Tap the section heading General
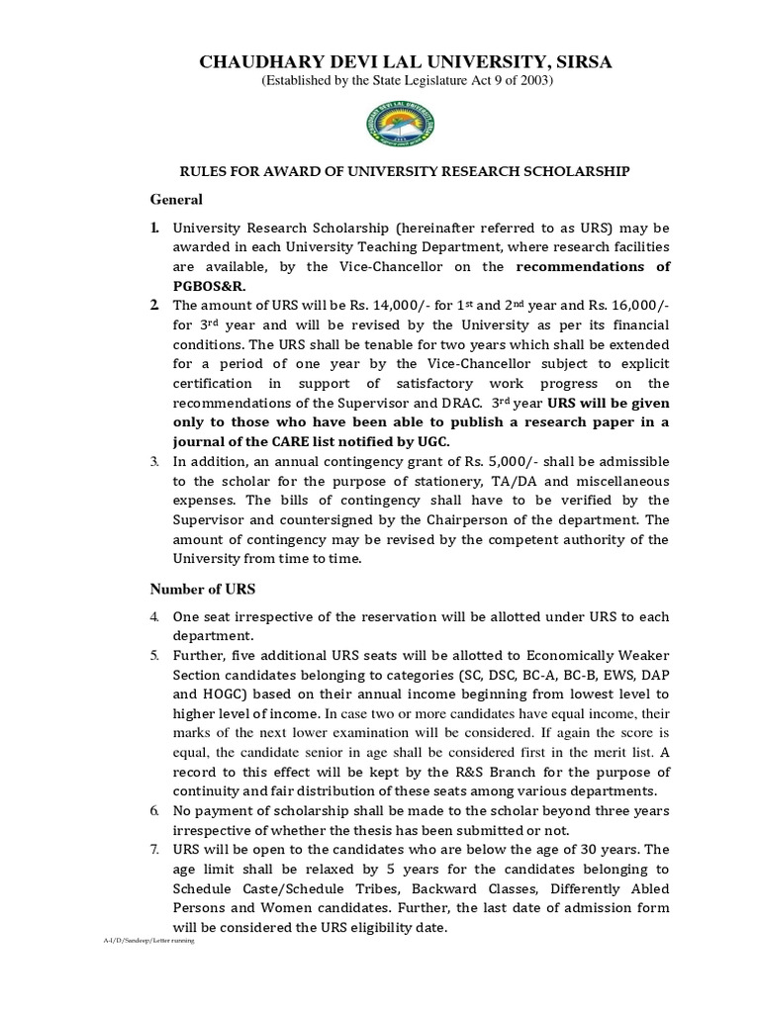pyautogui.click(x=176, y=199)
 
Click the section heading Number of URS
pyautogui.click(x=202, y=589)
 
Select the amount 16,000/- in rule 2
pyautogui.click(x=633, y=306)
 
